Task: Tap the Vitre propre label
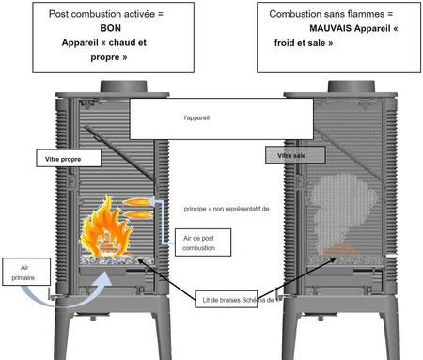[64, 160]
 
